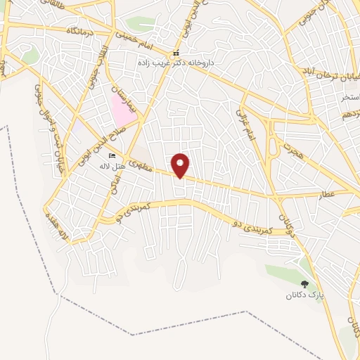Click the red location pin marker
(181, 165)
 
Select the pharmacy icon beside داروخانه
(176, 53)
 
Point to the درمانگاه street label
(81, 32)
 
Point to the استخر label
(349, 96)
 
